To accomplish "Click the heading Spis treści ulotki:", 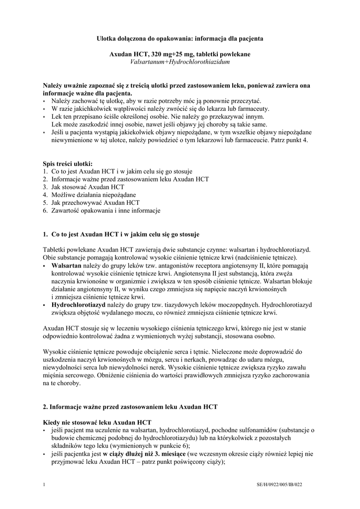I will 68,164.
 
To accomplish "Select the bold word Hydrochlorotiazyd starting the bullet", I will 79,306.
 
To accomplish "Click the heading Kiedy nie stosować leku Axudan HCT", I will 97,422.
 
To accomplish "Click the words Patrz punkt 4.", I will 291,141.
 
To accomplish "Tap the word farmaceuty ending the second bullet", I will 253,109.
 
